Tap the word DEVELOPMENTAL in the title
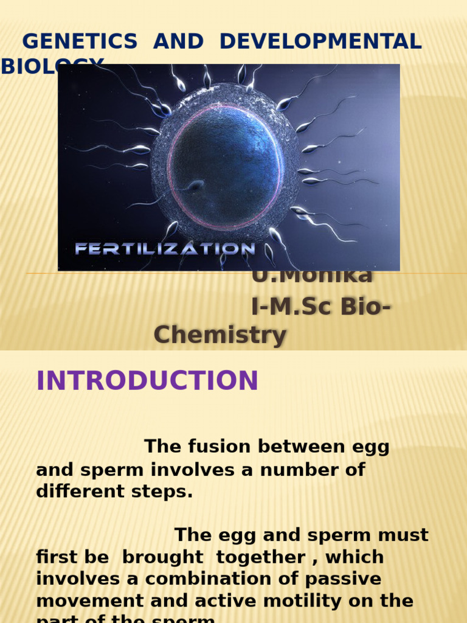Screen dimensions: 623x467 point(320,41)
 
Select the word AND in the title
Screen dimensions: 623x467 point(178,41)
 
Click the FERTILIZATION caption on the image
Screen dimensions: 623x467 point(164,248)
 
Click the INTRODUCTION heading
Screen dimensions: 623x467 point(147,381)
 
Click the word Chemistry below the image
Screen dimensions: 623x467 point(220,335)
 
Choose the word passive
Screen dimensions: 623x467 point(354,579)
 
